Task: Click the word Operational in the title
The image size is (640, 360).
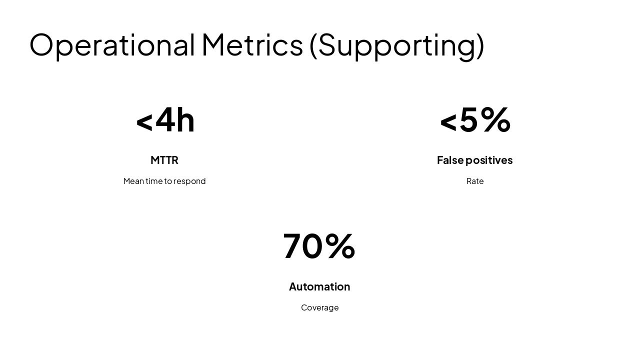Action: pos(112,44)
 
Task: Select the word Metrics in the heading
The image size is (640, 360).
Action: pos(252,44)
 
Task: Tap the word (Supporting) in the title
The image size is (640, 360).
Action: pos(396,45)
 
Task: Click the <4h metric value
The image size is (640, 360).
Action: pos(165,120)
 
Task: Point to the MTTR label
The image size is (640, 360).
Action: pos(164,160)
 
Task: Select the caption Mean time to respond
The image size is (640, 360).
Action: pos(164,181)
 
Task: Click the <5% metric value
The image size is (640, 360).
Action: pos(475,120)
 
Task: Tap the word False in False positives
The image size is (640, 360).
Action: pos(450,160)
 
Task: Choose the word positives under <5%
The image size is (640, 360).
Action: pos(489,160)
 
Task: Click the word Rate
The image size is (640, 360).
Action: pos(475,181)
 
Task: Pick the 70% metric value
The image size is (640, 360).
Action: pos(319,246)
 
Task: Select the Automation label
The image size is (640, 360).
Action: pos(319,286)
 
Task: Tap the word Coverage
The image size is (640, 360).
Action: pos(320,307)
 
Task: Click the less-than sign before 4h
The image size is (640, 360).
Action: pos(144,122)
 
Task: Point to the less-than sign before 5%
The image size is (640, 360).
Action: pos(448,122)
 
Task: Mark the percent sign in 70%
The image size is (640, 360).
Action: pos(340,245)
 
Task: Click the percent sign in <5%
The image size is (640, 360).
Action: pos(495,119)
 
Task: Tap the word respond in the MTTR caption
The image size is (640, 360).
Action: pos(189,181)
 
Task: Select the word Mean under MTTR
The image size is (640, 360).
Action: pos(133,181)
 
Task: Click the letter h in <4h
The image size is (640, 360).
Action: pos(185,120)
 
